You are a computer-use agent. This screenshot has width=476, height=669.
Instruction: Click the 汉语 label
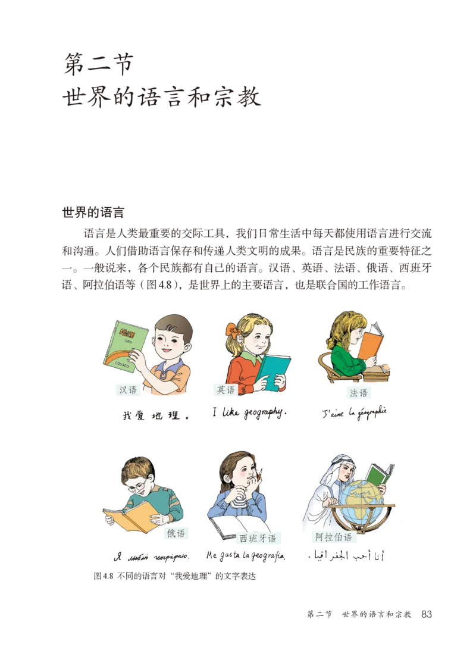pos(128,390)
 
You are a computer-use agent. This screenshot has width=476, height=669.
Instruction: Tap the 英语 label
pos(226,390)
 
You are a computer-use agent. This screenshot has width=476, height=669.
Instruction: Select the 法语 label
pos(359,393)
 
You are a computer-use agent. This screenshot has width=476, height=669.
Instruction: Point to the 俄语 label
pos(176,533)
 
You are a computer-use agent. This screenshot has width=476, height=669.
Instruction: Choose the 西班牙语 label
pos(258,539)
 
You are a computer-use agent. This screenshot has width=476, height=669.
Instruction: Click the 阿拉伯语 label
pos(333,537)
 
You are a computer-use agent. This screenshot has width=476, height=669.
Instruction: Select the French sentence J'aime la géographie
pos(354,412)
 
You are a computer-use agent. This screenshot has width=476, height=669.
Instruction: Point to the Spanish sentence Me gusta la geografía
pos(246,557)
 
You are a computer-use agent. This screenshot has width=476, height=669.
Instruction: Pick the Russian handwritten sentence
pos(150,557)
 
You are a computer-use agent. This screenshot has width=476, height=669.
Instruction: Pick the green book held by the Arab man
pos(378,474)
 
